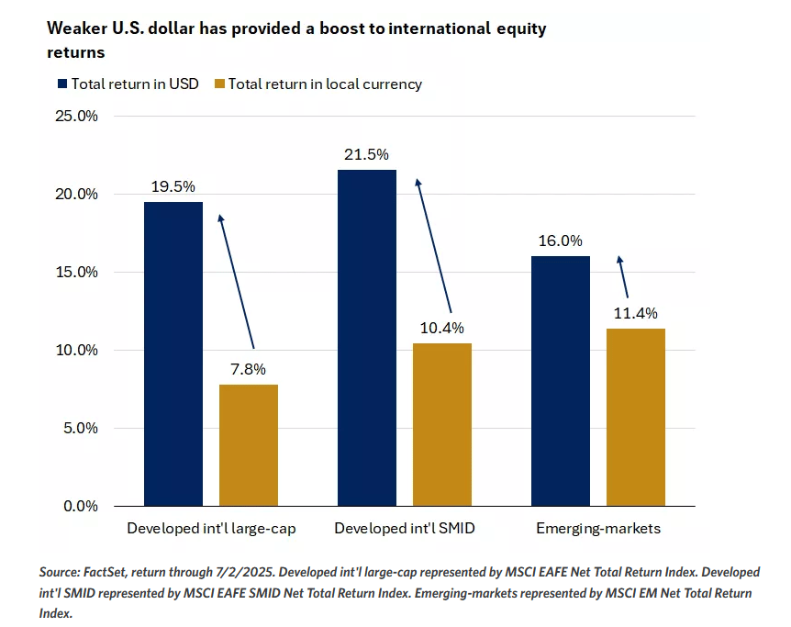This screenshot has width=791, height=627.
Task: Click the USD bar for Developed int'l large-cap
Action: pyautogui.click(x=173, y=353)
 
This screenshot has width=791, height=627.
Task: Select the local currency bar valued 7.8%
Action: pyautogui.click(x=248, y=444)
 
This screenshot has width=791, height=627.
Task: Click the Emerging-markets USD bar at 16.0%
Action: pyautogui.click(x=561, y=380)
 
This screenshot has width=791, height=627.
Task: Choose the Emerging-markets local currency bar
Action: pyautogui.click(x=636, y=417)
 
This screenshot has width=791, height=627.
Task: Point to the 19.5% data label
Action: pyautogui.click(x=173, y=186)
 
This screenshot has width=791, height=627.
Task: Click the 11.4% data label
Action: pyautogui.click(x=636, y=313)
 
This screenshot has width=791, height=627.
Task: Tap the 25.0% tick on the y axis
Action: pyautogui.click(x=77, y=117)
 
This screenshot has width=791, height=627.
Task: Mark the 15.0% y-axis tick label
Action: pyautogui.click(x=77, y=273)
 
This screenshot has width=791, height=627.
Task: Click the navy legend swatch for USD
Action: pyautogui.click(x=62, y=84)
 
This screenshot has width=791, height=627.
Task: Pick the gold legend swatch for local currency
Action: pyautogui.click(x=218, y=84)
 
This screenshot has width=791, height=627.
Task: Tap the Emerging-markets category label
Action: pyautogui.click(x=598, y=529)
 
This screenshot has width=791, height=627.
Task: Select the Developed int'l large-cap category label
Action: pyautogui.click(x=210, y=529)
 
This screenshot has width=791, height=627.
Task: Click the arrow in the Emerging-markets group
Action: pyautogui.click(x=622, y=276)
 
